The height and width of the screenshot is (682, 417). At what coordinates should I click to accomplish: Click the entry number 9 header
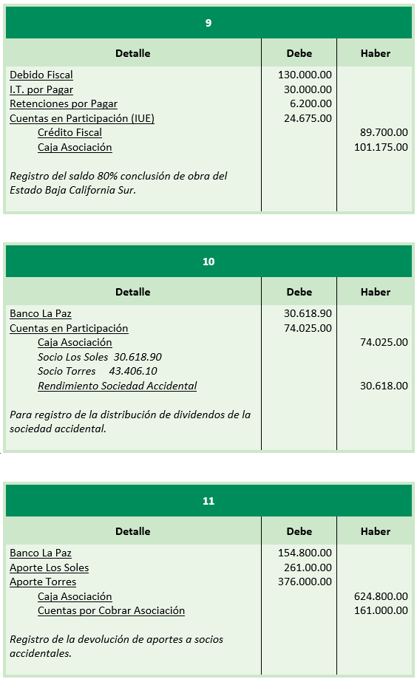[x=208, y=23]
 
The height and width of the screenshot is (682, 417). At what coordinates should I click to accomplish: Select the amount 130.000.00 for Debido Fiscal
[x=305, y=75]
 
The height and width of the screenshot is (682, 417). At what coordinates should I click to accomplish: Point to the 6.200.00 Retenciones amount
[x=311, y=104]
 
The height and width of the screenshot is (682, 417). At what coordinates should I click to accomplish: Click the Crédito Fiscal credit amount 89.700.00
[x=384, y=133]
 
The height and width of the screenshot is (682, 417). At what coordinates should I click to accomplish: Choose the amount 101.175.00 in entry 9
[x=381, y=147]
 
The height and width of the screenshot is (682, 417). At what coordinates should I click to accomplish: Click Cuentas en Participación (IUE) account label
[x=82, y=118]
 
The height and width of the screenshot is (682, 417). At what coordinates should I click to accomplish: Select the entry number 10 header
[x=208, y=262]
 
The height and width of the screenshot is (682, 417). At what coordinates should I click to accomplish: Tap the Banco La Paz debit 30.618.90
[x=308, y=314]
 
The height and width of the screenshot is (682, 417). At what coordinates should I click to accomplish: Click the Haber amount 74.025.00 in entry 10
[x=384, y=343]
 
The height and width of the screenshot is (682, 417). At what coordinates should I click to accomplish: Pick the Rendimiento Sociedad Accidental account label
[x=118, y=386]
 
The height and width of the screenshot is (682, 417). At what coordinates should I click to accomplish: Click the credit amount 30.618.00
[x=384, y=386]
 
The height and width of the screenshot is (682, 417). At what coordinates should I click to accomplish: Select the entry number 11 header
[x=208, y=501]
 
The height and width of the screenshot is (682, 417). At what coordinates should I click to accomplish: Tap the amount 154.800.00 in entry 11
[x=305, y=553]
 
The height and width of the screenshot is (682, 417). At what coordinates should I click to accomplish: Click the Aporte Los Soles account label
[x=49, y=567]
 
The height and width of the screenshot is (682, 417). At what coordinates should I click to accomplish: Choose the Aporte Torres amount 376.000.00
[x=305, y=582]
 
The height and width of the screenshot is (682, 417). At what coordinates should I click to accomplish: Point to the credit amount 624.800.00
[x=381, y=596]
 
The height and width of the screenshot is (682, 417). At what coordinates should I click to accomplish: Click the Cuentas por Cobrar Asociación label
[x=111, y=610]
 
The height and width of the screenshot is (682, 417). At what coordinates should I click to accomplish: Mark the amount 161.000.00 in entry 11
[x=381, y=610]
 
